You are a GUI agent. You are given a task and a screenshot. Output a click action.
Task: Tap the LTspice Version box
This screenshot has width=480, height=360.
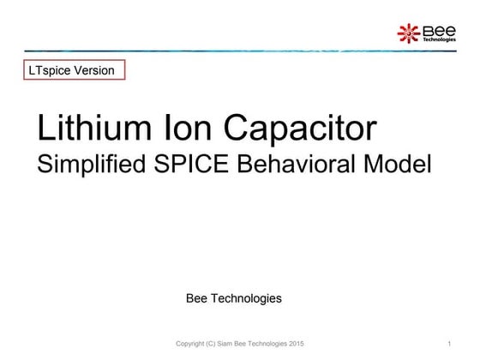click(75, 70)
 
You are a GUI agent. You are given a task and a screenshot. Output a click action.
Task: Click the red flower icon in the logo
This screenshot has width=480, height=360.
click(407, 33)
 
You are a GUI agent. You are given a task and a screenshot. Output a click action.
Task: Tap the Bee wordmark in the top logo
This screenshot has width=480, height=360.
click(438, 30)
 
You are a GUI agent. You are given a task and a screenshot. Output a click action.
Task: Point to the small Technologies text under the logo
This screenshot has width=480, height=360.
click(439, 39)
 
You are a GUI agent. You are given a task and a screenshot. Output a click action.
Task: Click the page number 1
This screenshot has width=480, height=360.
click(449, 344)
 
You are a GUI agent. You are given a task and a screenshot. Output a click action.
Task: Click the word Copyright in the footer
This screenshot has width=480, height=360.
click(191, 344)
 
